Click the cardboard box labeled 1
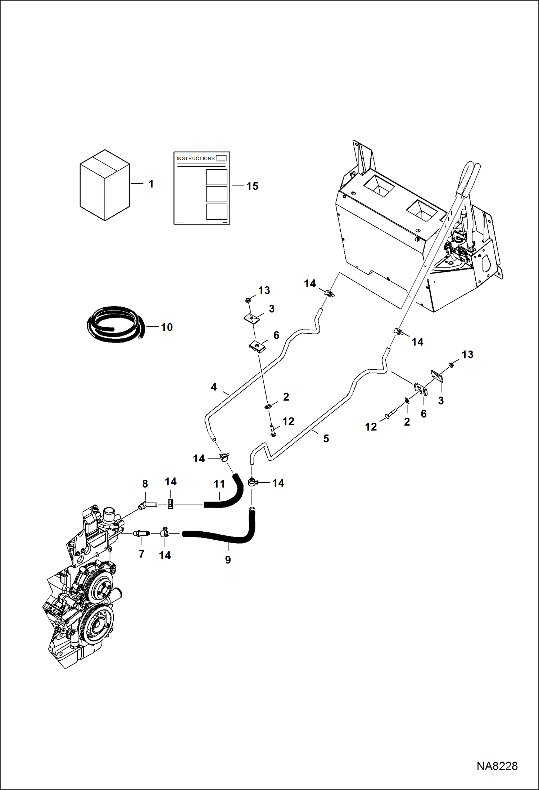(x=105, y=185)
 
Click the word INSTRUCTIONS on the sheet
(x=195, y=159)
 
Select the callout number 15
(x=252, y=186)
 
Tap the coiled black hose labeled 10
(x=115, y=324)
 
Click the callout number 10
(x=167, y=327)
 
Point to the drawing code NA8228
(x=497, y=766)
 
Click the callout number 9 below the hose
(x=228, y=560)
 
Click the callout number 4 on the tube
(x=214, y=387)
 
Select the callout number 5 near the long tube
(x=326, y=438)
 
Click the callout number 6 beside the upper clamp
(x=276, y=335)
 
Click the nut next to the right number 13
(x=451, y=366)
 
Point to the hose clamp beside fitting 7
(x=164, y=532)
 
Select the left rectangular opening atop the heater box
(x=377, y=186)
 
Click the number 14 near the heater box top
(x=310, y=284)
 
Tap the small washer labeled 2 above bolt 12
(x=268, y=406)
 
